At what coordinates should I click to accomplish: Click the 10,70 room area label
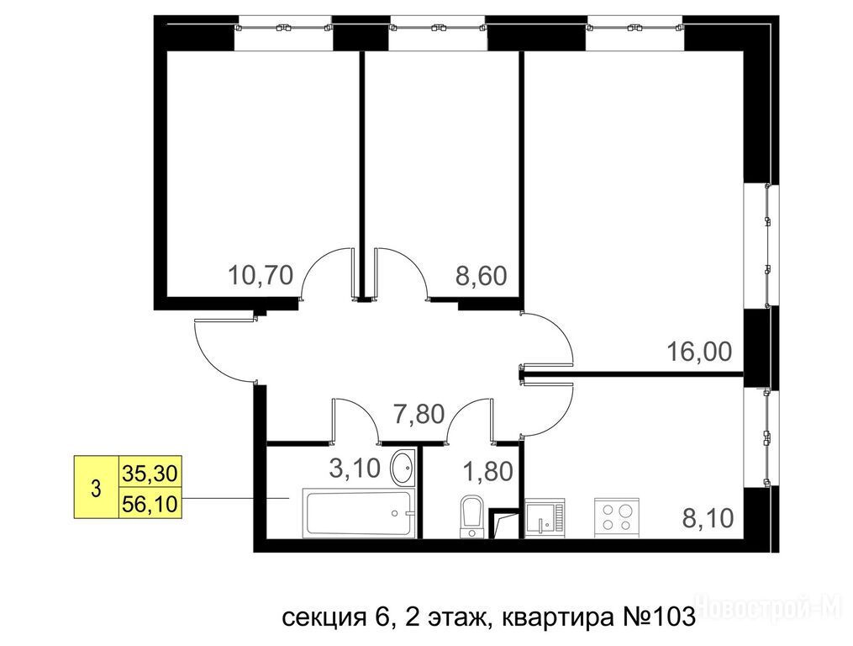261,275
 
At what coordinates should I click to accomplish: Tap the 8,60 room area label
481,276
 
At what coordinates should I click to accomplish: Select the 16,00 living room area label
699,352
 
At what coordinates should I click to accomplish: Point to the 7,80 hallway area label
419,414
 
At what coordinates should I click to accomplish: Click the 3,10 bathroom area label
355,468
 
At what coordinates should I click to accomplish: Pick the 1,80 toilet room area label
487,471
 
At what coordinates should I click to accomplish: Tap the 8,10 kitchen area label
708,518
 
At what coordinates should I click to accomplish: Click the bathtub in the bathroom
358,512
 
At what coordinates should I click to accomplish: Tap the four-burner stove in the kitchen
616,517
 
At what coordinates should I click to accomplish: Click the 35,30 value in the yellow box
150,474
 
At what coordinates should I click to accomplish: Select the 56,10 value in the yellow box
150,505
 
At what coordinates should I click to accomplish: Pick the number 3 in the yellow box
97,489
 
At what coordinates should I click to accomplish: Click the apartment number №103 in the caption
657,617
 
